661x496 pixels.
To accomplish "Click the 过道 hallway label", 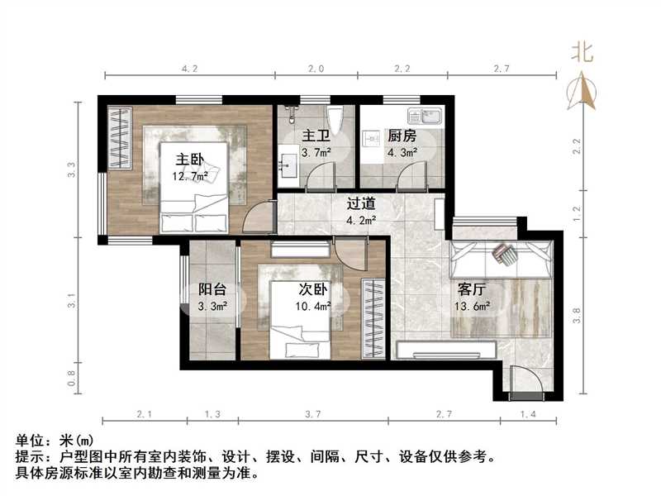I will (x=361, y=203).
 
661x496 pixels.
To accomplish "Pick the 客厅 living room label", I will (x=472, y=290).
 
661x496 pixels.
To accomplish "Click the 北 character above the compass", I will (x=583, y=53).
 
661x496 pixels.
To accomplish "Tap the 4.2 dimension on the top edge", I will (x=189, y=69).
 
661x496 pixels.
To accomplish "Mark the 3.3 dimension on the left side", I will (x=72, y=171).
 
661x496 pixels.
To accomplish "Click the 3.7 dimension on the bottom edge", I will (x=314, y=413).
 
